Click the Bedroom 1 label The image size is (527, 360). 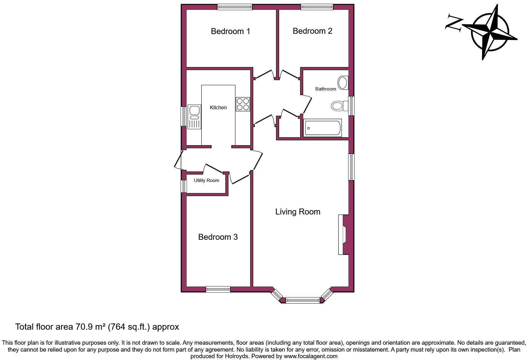(230, 31)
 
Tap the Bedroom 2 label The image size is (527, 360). (312, 31)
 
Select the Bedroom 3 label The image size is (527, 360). (218, 237)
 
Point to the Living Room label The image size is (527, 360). (298, 212)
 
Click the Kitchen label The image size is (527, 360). (218, 107)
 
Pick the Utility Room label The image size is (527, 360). (206, 180)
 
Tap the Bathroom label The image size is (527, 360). (326, 89)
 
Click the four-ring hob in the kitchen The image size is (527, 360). (243, 104)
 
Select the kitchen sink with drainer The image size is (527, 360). (194, 117)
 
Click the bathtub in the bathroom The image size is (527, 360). (323, 128)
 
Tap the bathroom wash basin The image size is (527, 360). (343, 83)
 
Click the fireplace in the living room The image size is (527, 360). (343, 234)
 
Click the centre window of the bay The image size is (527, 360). (303, 300)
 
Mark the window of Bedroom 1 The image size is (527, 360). (235, 7)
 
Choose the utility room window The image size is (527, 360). (184, 186)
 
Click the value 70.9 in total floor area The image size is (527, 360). (83, 327)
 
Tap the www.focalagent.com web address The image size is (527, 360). (310, 356)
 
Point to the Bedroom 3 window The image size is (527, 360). (218, 289)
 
